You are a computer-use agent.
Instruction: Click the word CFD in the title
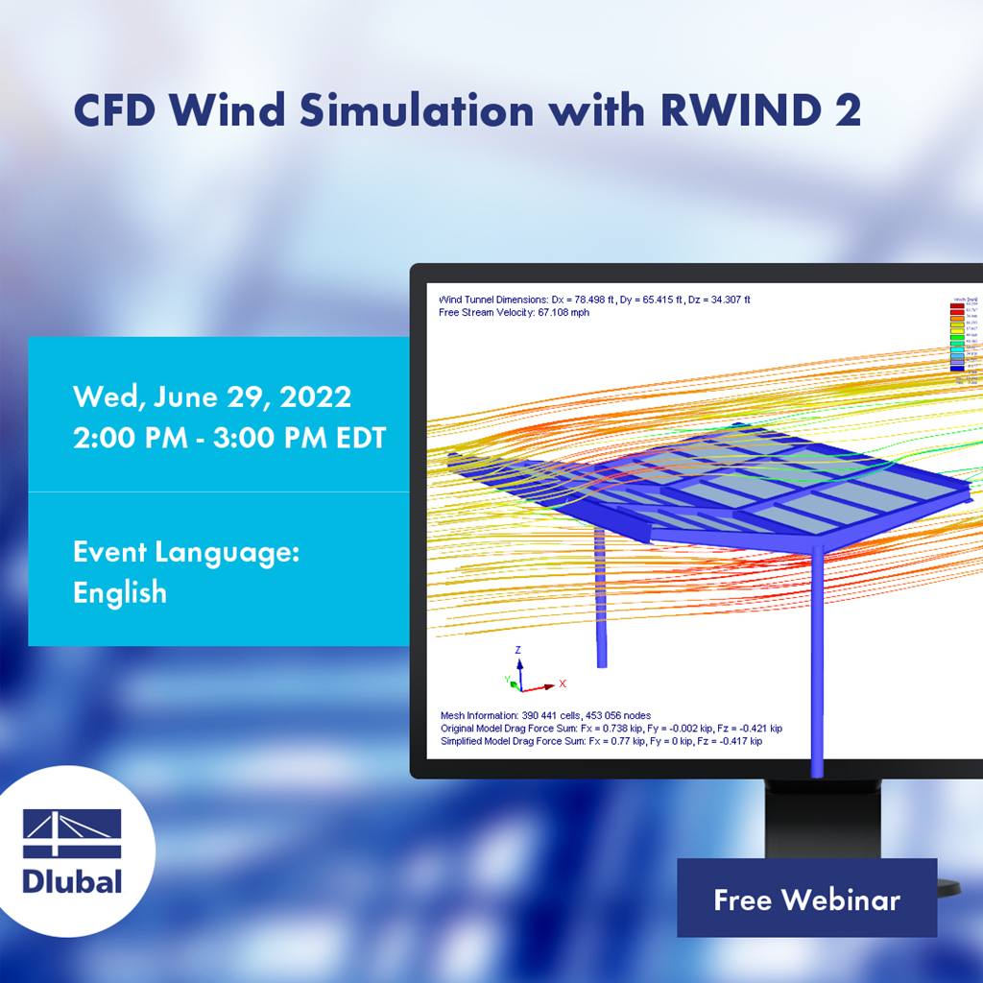tap(117, 111)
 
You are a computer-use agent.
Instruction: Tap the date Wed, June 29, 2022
tap(212, 396)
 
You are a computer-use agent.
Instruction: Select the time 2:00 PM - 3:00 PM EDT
tap(229, 438)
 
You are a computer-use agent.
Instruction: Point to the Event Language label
tap(187, 552)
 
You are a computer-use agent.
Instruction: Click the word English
tap(120, 592)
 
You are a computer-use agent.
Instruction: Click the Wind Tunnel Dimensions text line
tap(593, 300)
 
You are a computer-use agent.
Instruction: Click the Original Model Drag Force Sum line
tap(611, 729)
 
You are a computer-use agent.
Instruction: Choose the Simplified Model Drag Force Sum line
tap(601, 741)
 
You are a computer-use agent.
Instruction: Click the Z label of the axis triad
tap(518, 650)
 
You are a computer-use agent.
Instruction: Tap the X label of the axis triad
tap(563, 683)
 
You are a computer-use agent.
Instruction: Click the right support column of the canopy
tap(817, 662)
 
